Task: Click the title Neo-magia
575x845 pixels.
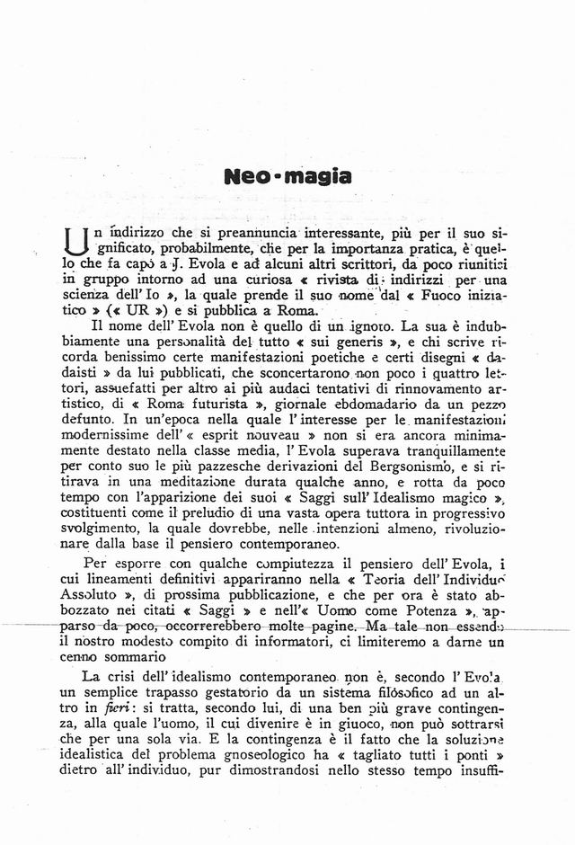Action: click(x=287, y=176)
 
